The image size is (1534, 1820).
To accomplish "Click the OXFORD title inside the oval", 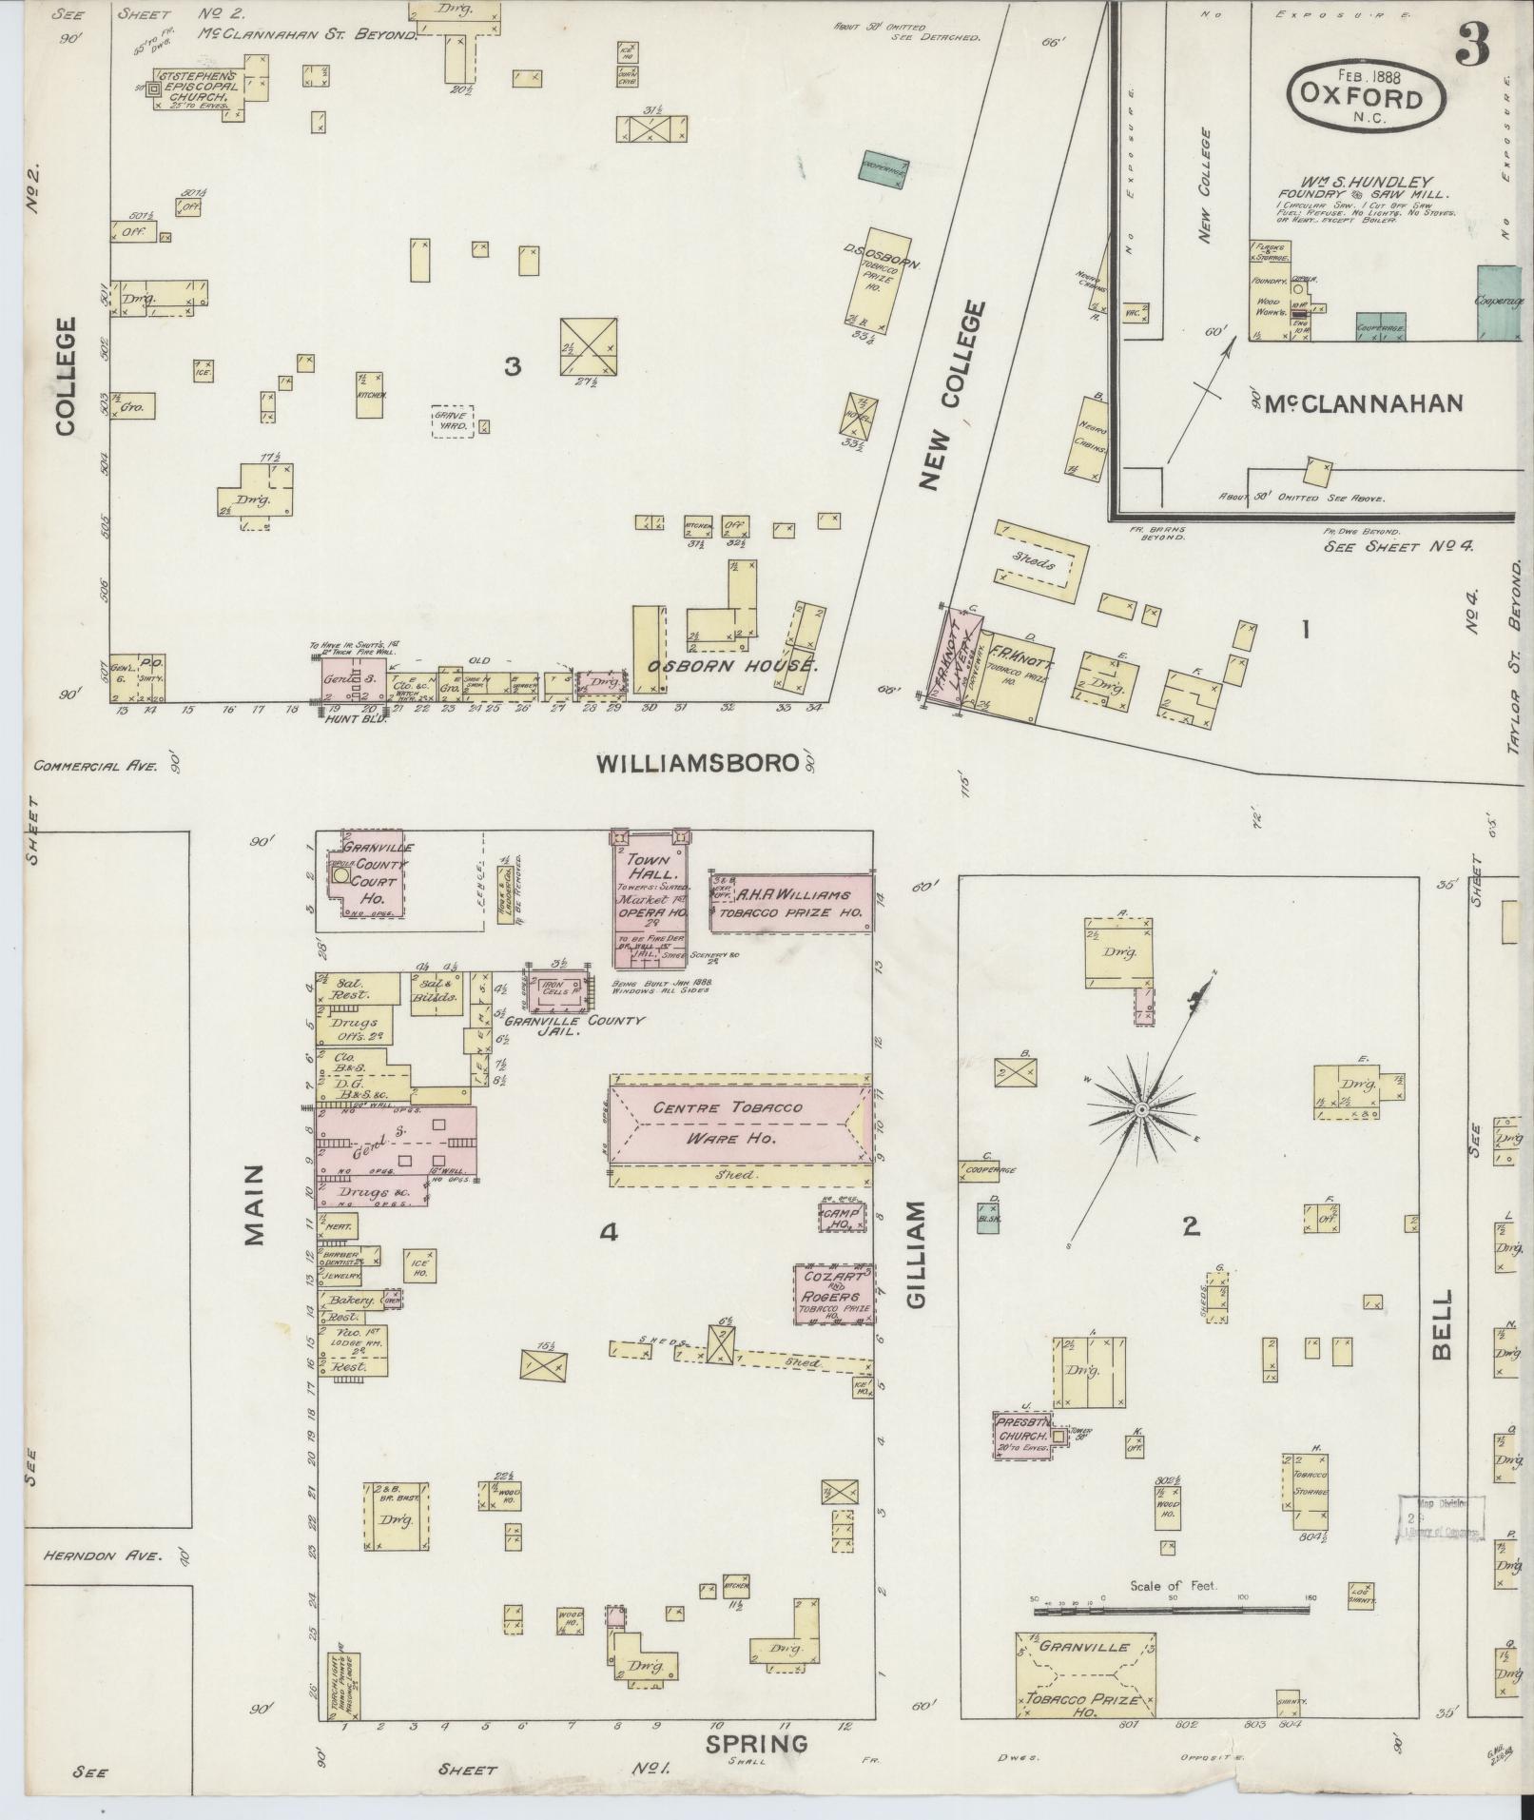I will click(1367, 98).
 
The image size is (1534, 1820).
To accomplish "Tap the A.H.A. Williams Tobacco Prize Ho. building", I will click(791, 903).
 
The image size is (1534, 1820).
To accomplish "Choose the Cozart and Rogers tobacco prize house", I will click(833, 1294).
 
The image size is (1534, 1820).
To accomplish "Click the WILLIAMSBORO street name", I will click(696, 763).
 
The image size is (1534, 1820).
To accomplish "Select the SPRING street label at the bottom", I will click(756, 1744).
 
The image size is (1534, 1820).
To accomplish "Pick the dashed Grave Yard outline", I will click(453, 421).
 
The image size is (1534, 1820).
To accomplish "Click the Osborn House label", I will click(732, 665).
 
